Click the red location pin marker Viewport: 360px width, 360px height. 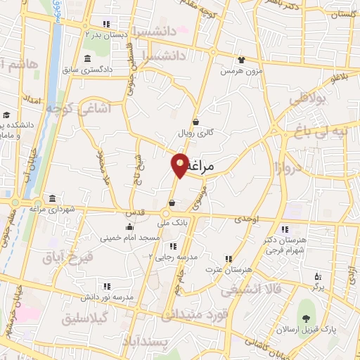[180, 165]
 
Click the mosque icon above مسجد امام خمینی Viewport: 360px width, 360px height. [129, 226]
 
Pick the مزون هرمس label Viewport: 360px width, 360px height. [241, 72]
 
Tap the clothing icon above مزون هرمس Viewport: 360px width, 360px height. [241, 60]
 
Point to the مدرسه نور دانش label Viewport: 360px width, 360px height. [106, 297]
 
